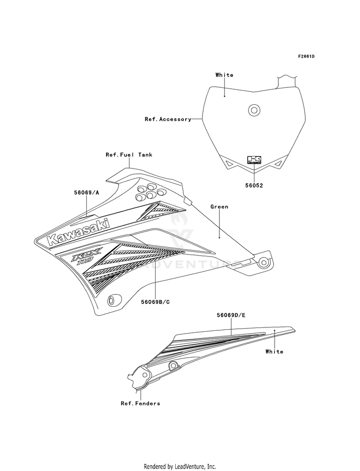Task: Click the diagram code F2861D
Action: [x=306, y=56]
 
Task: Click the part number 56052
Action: [x=254, y=186]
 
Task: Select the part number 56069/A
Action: [x=86, y=193]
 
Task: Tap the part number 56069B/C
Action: [x=155, y=302]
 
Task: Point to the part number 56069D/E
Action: [x=231, y=315]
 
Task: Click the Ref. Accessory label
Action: [x=168, y=119]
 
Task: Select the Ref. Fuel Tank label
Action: [x=129, y=155]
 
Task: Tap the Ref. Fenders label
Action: [x=140, y=403]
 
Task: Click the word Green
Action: [x=219, y=206]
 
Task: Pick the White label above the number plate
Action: [x=224, y=75]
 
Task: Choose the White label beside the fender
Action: [x=274, y=351]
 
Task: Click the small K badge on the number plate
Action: [x=254, y=159]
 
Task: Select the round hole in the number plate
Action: [x=254, y=110]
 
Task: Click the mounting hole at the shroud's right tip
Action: [x=264, y=263]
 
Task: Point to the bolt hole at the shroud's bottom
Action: [x=114, y=300]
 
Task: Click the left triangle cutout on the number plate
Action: [x=230, y=163]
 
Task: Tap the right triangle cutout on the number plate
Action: [x=278, y=163]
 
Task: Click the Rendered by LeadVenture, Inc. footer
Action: [x=180, y=467]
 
